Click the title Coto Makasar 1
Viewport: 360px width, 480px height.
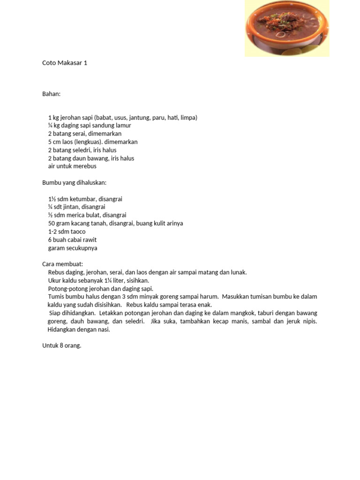tap(65, 63)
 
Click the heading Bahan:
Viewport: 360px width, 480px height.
tap(52, 94)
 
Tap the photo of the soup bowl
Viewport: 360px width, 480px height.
tap(286, 29)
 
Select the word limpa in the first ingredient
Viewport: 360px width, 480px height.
tap(187, 118)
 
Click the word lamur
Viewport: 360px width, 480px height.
tap(123, 126)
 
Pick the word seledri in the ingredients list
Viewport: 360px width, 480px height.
tap(80, 150)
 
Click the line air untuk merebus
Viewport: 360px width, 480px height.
tap(72, 166)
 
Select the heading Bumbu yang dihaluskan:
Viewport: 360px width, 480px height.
tap(75, 182)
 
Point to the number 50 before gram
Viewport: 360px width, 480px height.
tap(52, 224)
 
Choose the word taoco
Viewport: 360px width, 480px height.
tap(78, 232)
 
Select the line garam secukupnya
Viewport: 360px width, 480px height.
tap(73, 248)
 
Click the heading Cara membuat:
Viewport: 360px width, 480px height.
tap(62, 264)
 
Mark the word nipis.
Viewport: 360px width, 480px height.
tap(309, 321)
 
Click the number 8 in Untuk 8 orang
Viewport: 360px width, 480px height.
tap(61, 345)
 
